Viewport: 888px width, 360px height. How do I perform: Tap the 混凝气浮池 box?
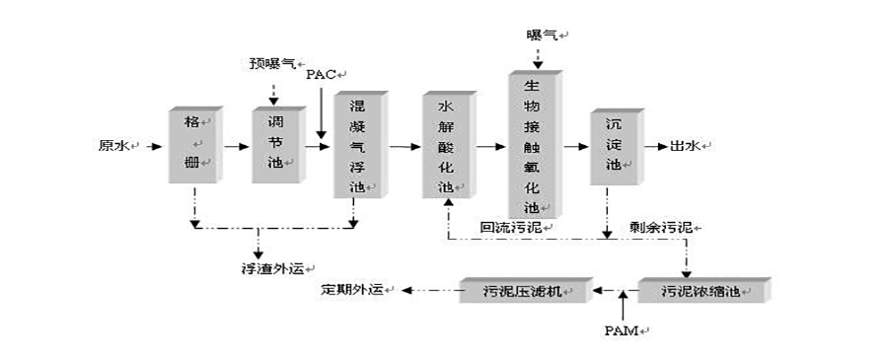coord(356,146)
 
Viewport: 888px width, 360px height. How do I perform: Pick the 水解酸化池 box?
coord(446,146)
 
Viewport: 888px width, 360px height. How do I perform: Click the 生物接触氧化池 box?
coord(533,144)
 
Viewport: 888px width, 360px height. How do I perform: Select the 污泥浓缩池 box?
coord(700,291)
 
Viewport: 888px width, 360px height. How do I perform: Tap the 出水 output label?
coord(685,146)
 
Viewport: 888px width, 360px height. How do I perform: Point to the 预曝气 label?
coord(272,63)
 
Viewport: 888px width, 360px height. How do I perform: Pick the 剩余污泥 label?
coord(659,227)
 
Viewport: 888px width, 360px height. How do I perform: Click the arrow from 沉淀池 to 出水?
coord(654,146)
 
